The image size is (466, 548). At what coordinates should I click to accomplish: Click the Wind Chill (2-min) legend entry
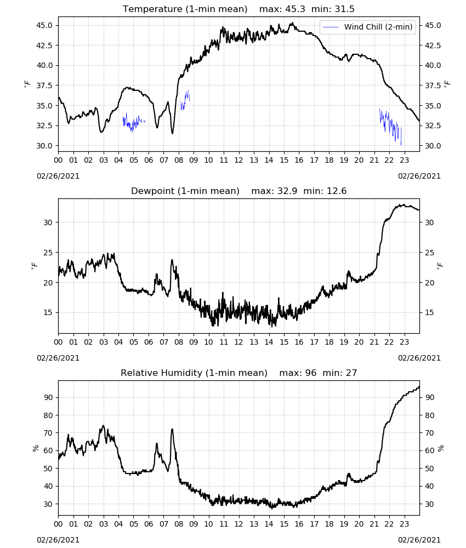coord(368,27)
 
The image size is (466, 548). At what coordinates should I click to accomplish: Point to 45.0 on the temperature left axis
coord(44,25)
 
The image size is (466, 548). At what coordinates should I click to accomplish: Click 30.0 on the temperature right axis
coord(433,146)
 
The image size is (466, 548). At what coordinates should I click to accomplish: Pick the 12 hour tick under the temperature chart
coord(238,160)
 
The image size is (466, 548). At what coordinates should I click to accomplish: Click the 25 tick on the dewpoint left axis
coord(48,252)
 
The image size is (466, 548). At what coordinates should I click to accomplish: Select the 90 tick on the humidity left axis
coord(48,397)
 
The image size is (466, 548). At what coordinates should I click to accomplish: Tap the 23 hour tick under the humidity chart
coord(404,524)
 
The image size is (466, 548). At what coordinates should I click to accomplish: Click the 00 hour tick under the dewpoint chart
coord(58,342)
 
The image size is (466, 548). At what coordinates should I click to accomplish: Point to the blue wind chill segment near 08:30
coord(185,100)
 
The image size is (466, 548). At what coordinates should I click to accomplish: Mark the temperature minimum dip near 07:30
coord(172,133)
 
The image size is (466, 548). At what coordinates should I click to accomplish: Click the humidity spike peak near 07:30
coord(172,430)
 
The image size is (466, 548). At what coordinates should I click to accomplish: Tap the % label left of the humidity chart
coord(36,448)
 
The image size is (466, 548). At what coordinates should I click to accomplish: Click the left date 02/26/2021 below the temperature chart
coord(58,176)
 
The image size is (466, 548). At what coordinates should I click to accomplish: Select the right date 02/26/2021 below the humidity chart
coord(419,540)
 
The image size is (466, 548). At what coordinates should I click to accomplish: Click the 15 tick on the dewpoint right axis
coord(429,312)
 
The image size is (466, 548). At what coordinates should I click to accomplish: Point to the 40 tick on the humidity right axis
coord(430,486)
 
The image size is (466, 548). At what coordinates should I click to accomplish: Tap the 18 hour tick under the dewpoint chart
coord(329,342)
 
